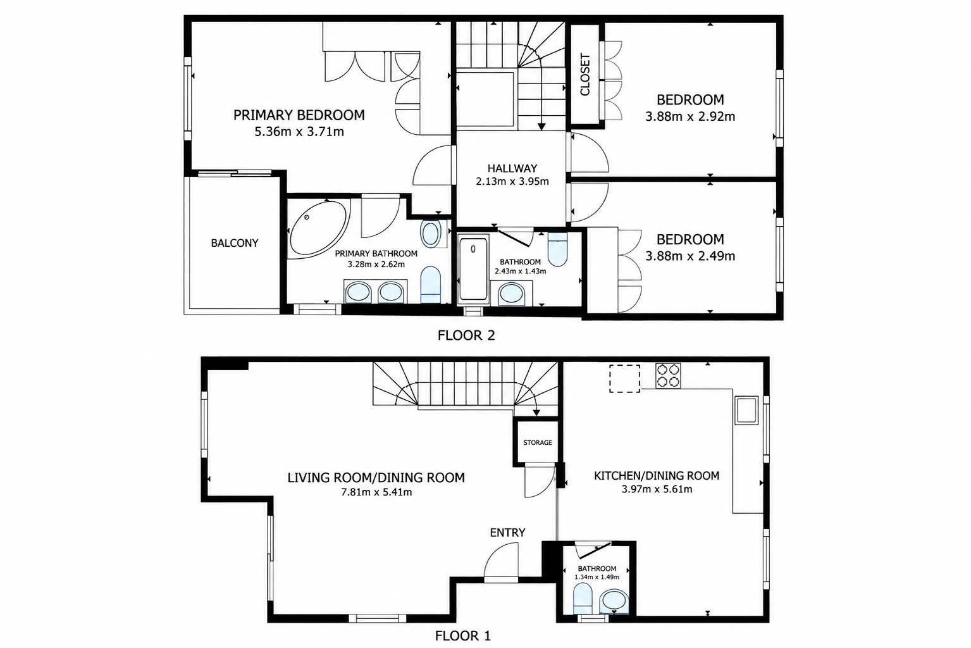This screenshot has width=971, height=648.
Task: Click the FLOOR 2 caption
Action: tap(466, 335)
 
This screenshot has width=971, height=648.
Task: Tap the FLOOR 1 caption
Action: tap(463, 636)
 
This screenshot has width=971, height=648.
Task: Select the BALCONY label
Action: tap(235, 244)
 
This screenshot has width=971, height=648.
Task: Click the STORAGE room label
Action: tap(538, 442)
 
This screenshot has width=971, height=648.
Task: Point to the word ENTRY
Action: tap(507, 533)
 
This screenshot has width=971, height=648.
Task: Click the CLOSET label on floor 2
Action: tap(585, 75)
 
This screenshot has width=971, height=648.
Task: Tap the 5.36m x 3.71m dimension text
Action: tap(299, 132)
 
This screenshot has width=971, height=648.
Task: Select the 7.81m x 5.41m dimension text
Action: tap(376, 492)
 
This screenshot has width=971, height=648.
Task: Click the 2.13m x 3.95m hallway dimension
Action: tap(512, 182)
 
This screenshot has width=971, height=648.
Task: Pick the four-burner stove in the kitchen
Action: tap(668, 376)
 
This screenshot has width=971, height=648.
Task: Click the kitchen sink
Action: tap(746, 410)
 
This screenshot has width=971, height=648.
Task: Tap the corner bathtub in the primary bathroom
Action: tap(318, 228)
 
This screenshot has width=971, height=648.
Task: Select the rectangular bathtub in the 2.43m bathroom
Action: tap(473, 268)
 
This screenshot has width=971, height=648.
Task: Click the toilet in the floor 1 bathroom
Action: tap(583, 598)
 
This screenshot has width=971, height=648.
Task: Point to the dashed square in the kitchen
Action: tap(624, 378)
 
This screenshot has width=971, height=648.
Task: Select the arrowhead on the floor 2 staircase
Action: tap(541, 127)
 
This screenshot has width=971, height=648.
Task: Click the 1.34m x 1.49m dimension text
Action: tap(597, 577)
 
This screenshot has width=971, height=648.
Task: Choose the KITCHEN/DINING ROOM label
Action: tap(657, 476)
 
